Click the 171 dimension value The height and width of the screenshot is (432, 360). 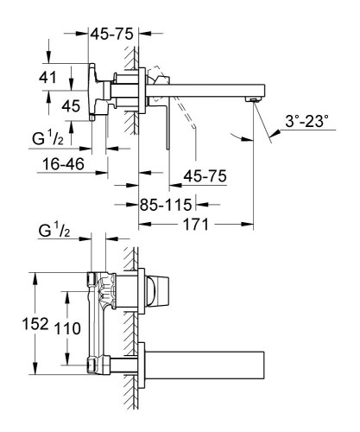(194, 225)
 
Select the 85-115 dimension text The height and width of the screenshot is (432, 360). (165, 206)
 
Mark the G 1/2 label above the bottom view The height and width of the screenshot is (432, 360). (54, 233)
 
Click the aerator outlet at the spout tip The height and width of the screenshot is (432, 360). (252, 101)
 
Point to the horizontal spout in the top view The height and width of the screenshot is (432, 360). (207, 90)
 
